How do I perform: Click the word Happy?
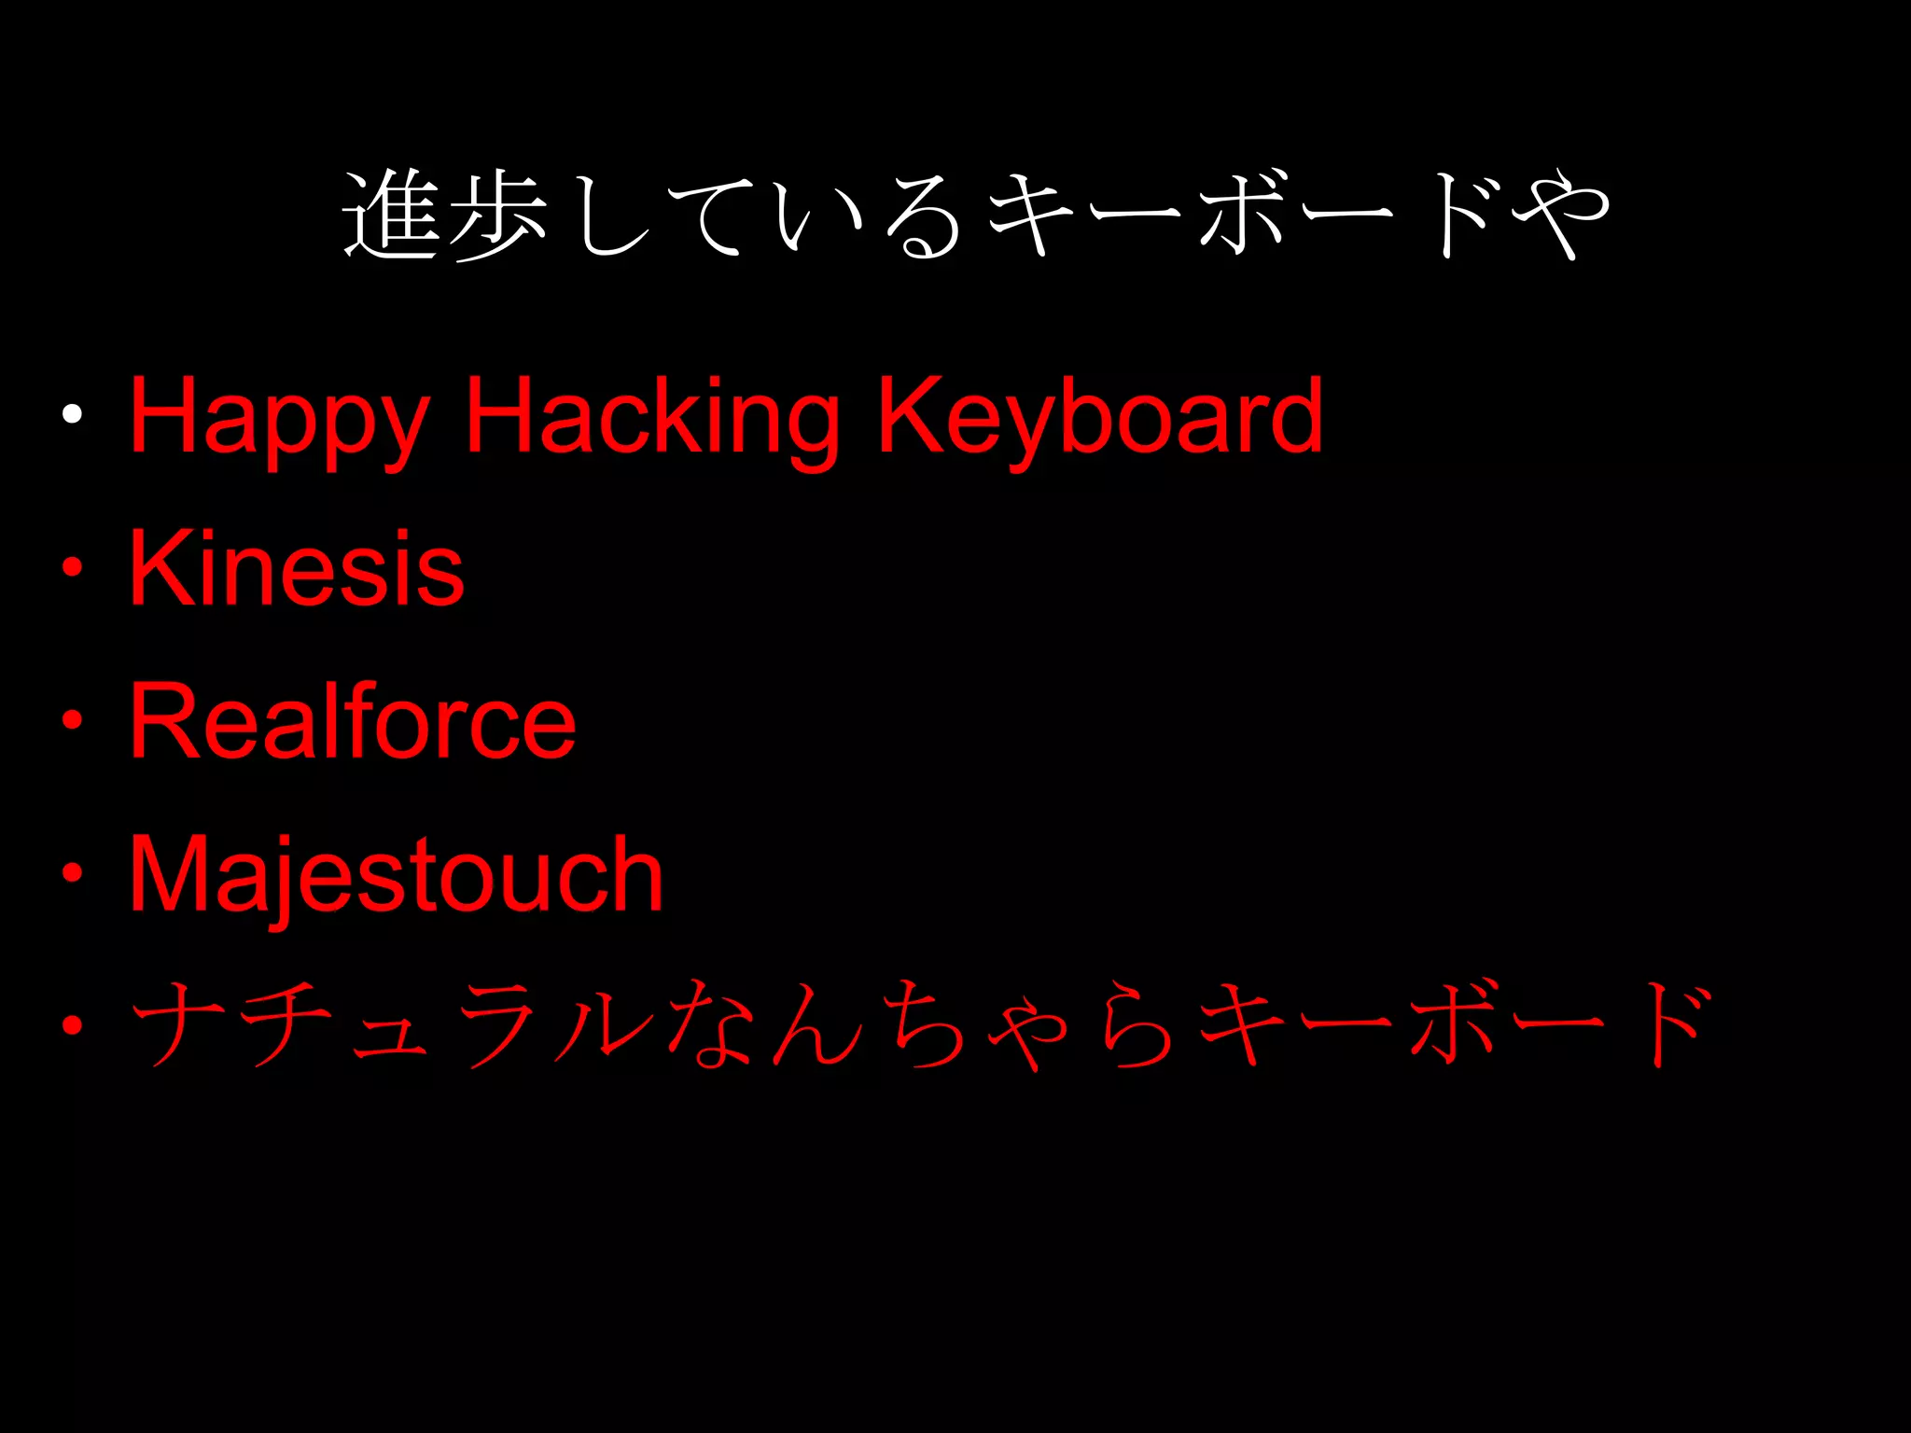point(279,417)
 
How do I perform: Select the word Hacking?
point(652,417)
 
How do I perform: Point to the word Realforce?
point(353,720)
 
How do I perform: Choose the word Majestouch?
point(396,875)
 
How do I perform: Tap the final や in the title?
point(1560,215)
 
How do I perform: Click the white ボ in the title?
point(1241,215)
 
